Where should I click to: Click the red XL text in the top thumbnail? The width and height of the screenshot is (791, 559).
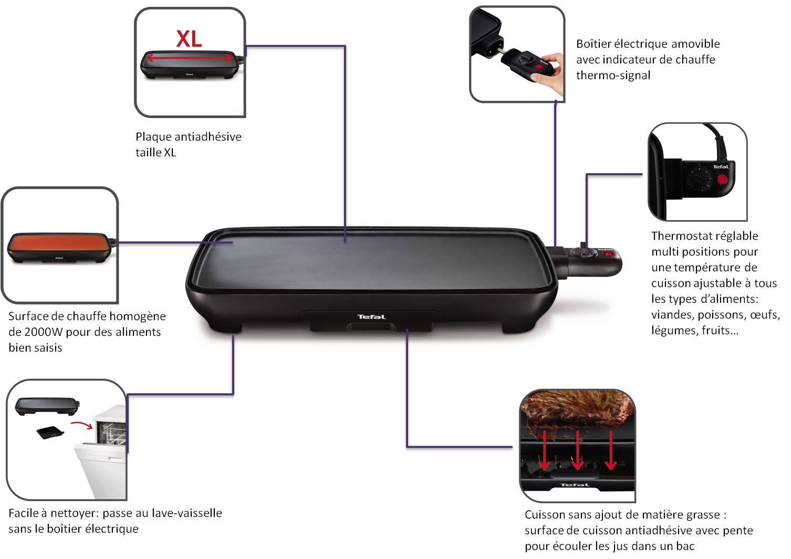(x=189, y=38)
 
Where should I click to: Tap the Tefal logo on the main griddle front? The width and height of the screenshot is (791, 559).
(x=371, y=317)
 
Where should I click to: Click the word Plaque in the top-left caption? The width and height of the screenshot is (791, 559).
(x=153, y=137)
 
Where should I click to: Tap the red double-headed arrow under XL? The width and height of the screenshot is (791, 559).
(x=189, y=57)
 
